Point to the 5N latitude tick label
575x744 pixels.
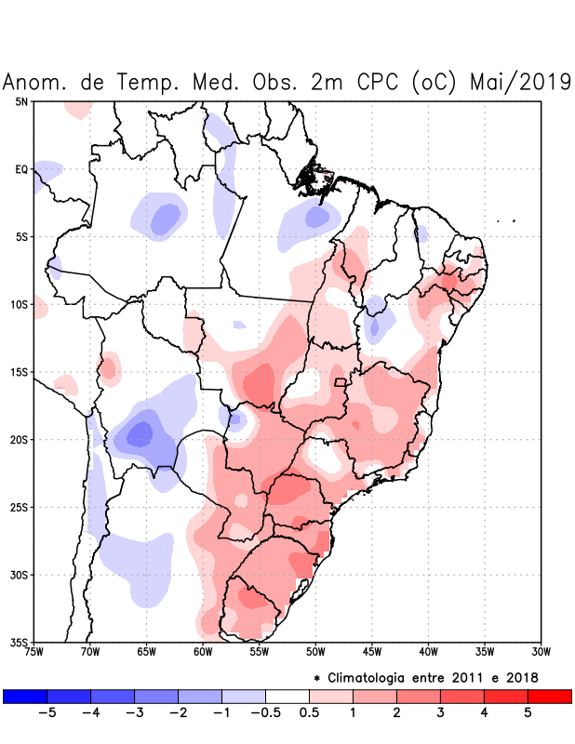pos(21,101)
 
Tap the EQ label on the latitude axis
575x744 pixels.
pos(21,169)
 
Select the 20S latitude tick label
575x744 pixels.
pos(20,440)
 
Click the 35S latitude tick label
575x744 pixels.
pos(20,643)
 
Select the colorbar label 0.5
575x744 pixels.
pos(310,713)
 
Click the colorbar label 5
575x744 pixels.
pos(528,713)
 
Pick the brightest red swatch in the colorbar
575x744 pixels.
pos(549,697)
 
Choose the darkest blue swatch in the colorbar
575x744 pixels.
pos(24,697)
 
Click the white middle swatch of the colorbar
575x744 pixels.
pos(287,697)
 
